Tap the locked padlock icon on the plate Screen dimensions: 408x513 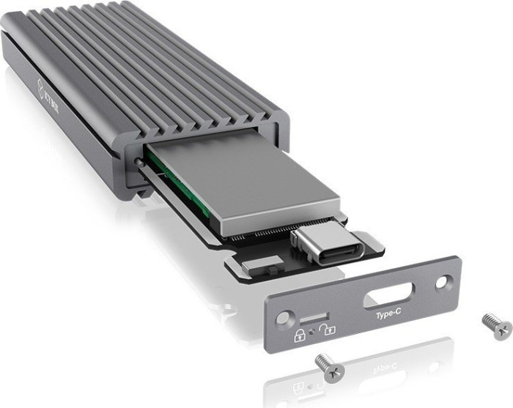(300, 336)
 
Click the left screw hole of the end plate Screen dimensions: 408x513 (282, 319)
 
